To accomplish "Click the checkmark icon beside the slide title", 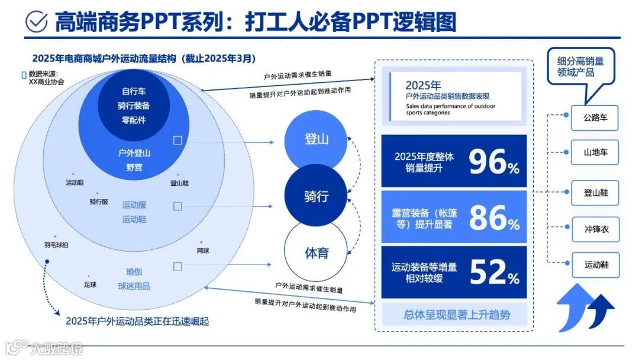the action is point(37,21).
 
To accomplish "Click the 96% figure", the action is point(494,162).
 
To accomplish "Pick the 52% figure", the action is point(494,272).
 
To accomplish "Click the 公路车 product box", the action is point(595,118).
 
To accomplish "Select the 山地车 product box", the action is point(595,153).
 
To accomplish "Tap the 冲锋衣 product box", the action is point(595,229).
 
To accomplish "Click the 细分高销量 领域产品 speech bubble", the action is point(580,67).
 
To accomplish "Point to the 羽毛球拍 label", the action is point(56,244).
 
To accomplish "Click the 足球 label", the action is point(91,284).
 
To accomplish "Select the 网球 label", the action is point(202,250).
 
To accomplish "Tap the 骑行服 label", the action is point(99,201).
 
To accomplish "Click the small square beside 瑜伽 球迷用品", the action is point(177,267).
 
